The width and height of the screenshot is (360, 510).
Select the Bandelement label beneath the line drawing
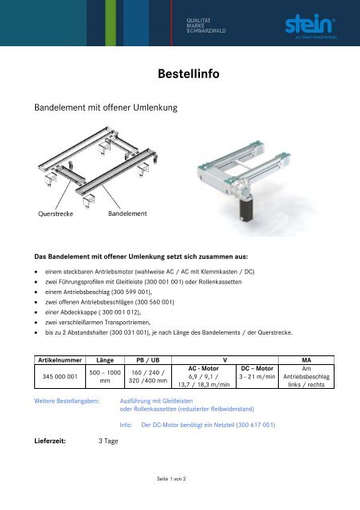(x=127, y=214)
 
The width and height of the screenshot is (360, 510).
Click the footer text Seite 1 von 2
(x=180, y=480)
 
